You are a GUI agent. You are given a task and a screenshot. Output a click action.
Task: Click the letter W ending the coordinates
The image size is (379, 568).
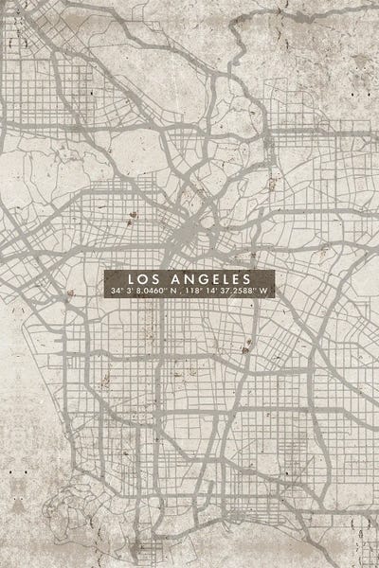click(x=266, y=289)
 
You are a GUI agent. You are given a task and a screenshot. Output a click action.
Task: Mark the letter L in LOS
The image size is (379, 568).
click(x=131, y=278)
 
